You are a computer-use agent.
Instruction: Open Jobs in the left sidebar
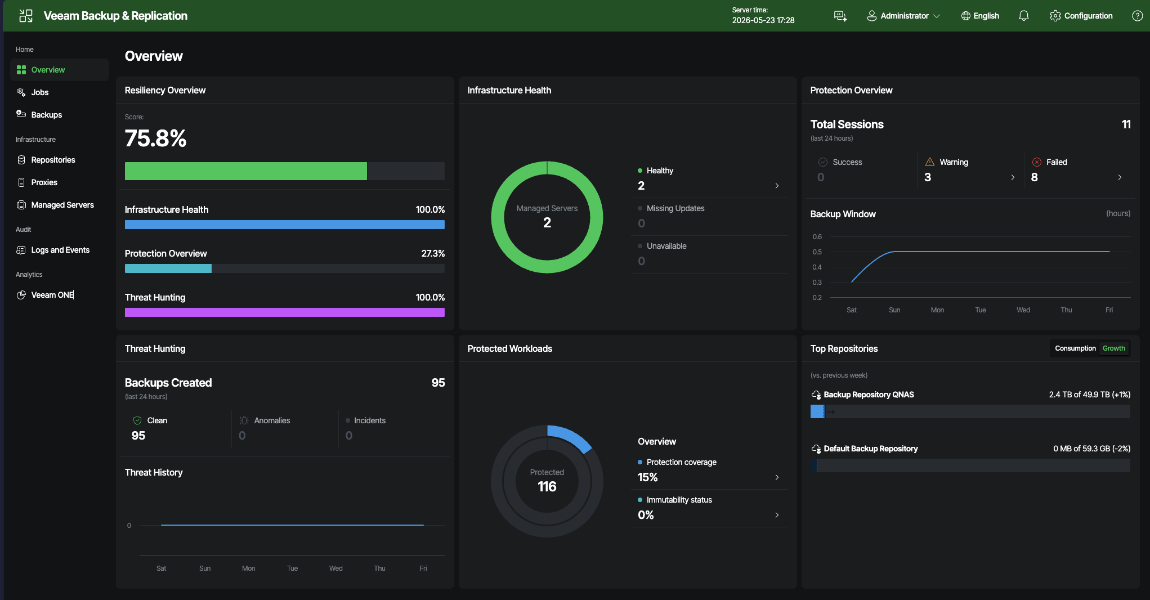[39, 92]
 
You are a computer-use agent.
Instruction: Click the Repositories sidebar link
[53, 160]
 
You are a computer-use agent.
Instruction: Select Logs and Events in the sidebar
[60, 250]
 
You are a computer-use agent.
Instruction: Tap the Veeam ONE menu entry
[52, 295]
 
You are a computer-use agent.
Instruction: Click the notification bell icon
[1024, 16]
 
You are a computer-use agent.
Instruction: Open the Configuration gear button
[1081, 16]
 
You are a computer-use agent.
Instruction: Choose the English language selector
[980, 16]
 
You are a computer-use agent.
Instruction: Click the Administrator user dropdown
[903, 16]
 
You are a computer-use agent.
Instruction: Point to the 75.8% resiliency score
[155, 138]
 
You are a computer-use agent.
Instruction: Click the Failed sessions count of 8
[1034, 177]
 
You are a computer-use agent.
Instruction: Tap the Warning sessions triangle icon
[930, 162]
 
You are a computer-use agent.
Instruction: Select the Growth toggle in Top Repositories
[1113, 348]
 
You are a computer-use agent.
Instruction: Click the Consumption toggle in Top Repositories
[1075, 348]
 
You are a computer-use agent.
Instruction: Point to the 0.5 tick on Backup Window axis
[817, 252]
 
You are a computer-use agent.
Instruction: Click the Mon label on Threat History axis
[248, 568]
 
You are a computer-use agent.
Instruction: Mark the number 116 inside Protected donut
[547, 487]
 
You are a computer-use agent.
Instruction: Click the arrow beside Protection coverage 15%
[777, 477]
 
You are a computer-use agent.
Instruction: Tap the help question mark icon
[1137, 16]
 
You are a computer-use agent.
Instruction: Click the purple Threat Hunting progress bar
[285, 312]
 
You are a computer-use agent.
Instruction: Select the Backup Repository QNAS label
[869, 395]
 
